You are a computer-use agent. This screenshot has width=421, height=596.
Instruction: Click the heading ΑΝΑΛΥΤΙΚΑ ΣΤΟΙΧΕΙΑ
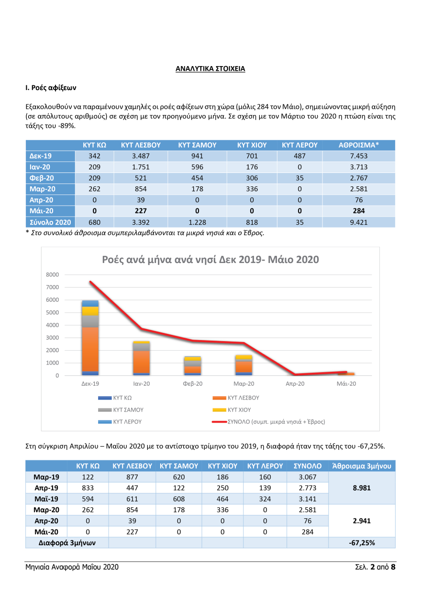pyautogui.click(x=210, y=69)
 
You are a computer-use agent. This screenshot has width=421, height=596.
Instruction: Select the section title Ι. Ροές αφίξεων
pyautogui.click(x=51, y=88)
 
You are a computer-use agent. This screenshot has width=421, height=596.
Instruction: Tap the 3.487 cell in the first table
pyautogui.click(x=140, y=157)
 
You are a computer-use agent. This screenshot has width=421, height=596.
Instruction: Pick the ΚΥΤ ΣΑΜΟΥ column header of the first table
pyautogui.click(x=197, y=145)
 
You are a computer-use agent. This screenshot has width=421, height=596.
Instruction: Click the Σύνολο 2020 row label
pyautogui.click(x=50, y=222)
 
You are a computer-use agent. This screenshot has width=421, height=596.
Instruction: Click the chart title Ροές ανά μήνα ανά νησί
pyautogui.click(x=210, y=260)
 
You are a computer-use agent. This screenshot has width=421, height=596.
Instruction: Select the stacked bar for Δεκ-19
pyautogui.click(x=90, y=338)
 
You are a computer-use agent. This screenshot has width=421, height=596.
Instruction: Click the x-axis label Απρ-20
pyautogui.click(x=295, y=384)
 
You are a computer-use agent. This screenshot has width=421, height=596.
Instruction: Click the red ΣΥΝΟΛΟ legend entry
pyautogui.click(x=268, y=422)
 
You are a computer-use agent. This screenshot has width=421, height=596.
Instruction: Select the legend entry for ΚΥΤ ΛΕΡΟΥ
pyautogui.click(x=120, y=422)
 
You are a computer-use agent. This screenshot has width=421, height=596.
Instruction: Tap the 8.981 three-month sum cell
pyautogui.click(x=362, y=488)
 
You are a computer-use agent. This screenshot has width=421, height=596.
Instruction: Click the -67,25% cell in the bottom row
pyautogui.click(x=362, y=543)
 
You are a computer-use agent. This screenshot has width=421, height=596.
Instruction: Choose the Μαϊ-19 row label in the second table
pyautogui.click(x=46, y=499)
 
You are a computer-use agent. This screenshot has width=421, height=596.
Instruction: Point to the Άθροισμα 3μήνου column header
pyautogui.click(x=362, y=466)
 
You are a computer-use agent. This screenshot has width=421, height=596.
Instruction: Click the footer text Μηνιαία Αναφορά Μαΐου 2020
pyautogui.click(x=72, y=567)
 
